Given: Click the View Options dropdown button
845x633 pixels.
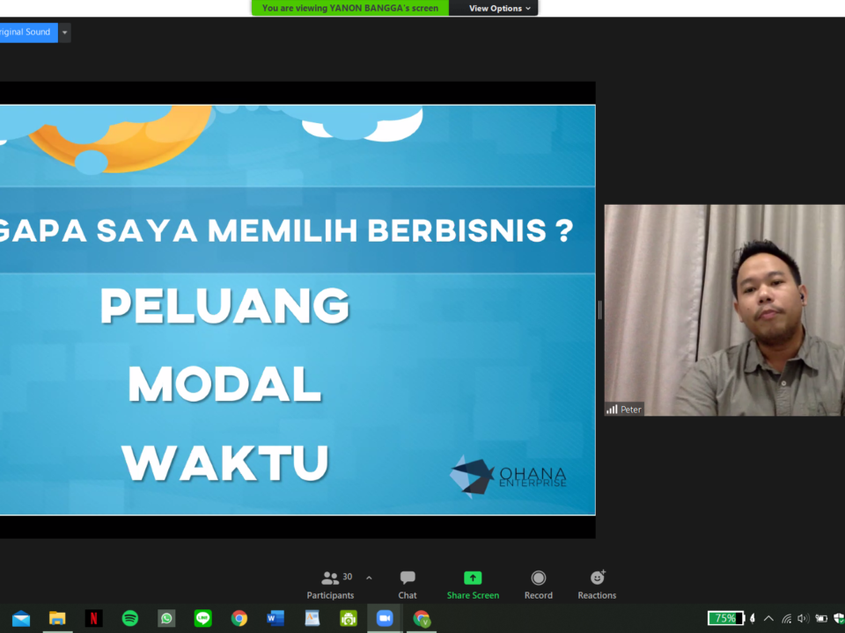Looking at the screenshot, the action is point(499,8).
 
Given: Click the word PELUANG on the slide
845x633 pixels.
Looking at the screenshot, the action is point(225,306).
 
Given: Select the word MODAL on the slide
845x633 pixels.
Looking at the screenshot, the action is point(224,384).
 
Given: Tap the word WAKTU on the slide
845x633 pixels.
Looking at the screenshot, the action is point(224,462).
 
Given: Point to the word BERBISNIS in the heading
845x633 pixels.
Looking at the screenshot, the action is point(457,230).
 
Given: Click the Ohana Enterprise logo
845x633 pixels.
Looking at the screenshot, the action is point(508,476).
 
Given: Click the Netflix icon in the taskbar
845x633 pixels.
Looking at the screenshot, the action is point(94,618).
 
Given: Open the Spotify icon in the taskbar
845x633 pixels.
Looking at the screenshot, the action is point(130,618).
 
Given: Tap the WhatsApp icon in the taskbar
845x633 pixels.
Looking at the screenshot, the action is point(166,618).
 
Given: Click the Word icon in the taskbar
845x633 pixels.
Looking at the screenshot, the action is point(276,618).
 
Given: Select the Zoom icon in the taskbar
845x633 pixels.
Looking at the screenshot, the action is point(385,618).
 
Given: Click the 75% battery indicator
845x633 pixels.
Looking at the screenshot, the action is point(725,618).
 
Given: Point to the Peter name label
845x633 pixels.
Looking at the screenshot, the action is point(625,410).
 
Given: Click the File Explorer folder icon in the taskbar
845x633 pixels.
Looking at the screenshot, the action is point(57,618).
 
